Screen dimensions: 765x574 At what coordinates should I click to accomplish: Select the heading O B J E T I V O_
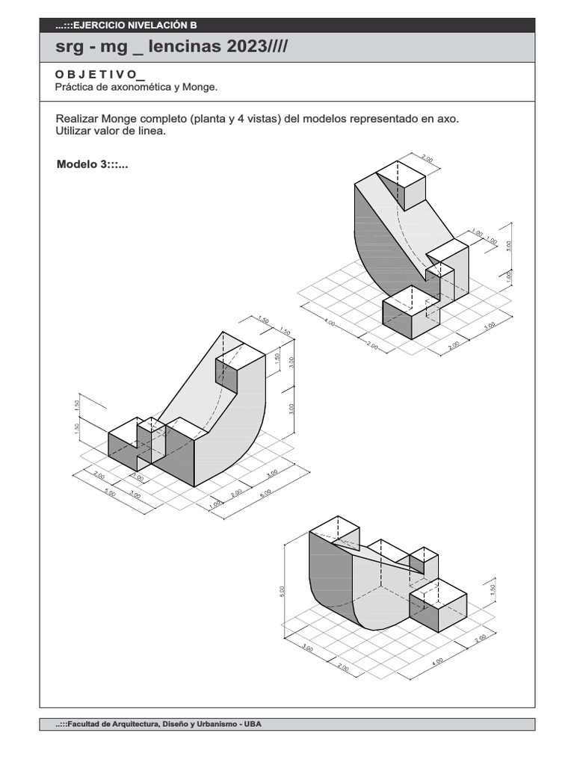click(x=99, y=75)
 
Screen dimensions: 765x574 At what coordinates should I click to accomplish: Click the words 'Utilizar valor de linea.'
click(x=110, y=131)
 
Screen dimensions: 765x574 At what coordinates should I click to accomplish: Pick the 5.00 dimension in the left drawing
click(x=110, y=494)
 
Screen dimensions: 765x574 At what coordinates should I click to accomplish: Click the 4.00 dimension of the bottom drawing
click(x=437, y=660)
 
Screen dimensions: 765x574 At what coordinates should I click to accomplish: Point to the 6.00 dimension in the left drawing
click(x=265, y=495)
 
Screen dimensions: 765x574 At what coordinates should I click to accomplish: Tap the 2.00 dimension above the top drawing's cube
click(x=427, y=158)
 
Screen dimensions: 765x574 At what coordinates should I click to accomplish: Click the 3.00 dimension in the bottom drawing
click(x=307, y=648)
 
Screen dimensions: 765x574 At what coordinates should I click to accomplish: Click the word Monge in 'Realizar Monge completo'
click(x=123, y=120)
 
